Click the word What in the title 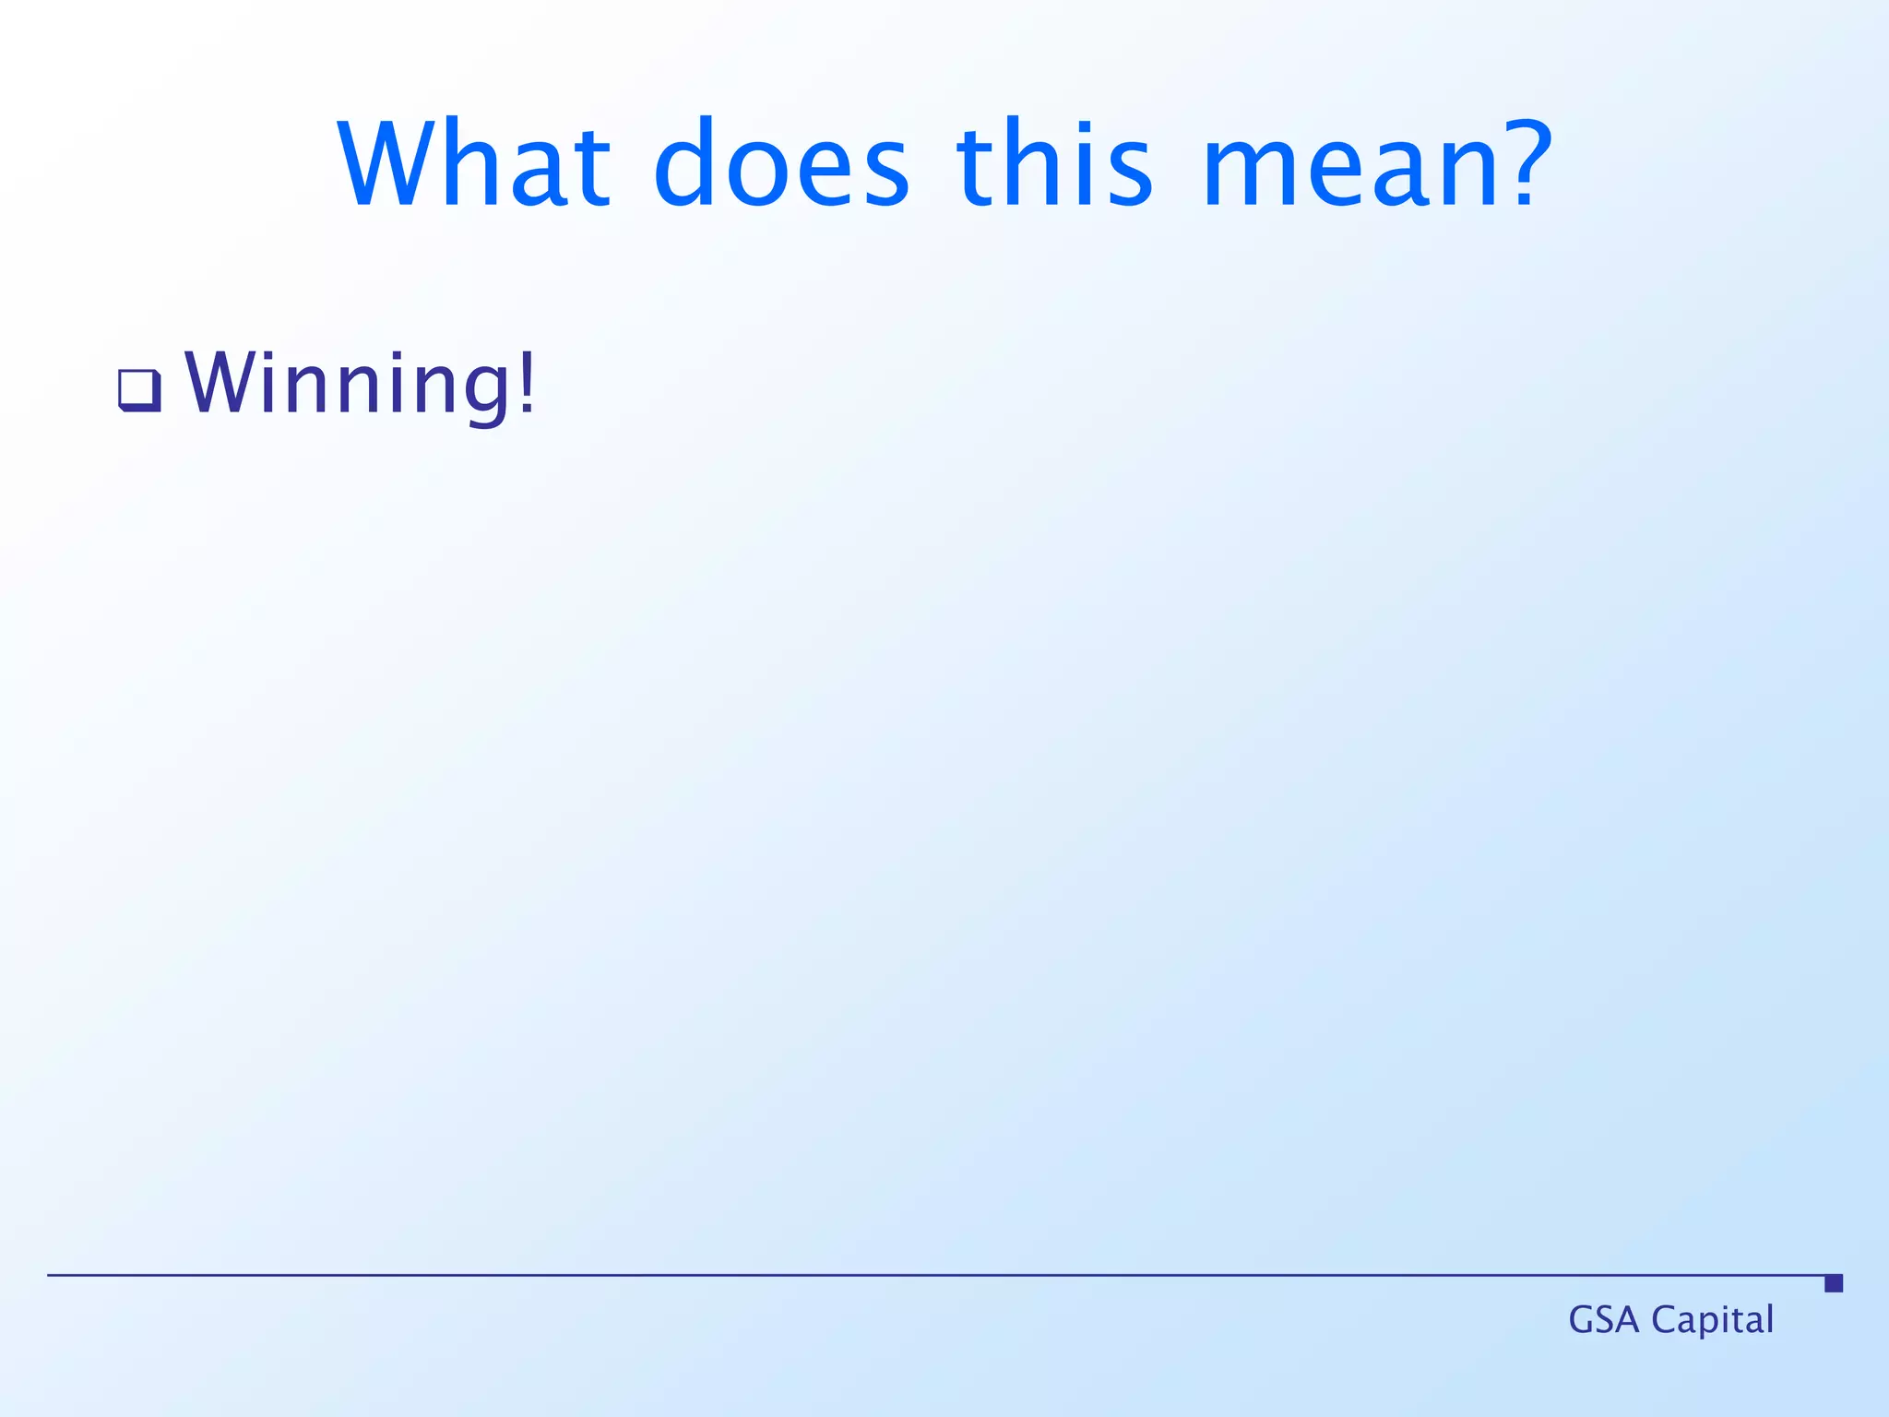pos(473,164)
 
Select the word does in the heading pos(781,164)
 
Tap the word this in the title pos(1054,164)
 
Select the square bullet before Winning pos(140,390)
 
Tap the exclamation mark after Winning pos(528,383)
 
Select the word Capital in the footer pos(1712,1320)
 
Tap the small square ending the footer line pos(1834,1283)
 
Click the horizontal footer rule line pos(922,1275)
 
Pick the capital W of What pos(386,164)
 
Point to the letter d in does pos(685,164)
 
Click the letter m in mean pos(1245,175)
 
